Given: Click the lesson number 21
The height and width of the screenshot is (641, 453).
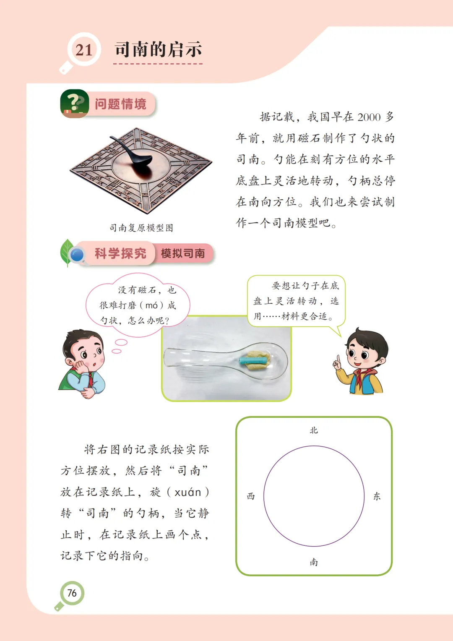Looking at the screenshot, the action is [84, 50].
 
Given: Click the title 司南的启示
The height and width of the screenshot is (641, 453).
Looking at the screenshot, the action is [158, 49].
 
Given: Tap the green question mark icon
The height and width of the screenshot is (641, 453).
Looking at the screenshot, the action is [74, 103].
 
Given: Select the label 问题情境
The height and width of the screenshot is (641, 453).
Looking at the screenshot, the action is [120, 104].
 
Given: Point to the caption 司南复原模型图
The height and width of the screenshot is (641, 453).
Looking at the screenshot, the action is [141, 228].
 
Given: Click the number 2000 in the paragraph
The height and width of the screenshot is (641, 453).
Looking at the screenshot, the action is [369, 117].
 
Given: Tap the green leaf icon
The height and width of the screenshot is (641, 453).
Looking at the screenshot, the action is [67, 253].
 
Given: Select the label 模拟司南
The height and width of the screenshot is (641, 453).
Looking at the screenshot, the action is [183, 253].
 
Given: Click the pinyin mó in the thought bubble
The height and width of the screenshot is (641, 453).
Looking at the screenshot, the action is [151, 305].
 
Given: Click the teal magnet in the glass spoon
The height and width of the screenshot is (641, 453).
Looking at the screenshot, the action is [253, 360].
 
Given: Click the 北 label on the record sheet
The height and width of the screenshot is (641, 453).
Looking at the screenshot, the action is [314, 430].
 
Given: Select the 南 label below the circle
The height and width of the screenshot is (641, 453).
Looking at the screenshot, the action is [314, 562].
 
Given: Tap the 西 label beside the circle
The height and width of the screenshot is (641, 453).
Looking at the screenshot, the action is [251, 496].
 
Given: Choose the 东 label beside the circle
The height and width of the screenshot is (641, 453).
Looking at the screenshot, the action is [377, 496].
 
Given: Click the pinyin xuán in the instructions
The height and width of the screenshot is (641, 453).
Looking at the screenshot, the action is [188, 492].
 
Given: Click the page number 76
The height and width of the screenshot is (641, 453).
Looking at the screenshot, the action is [72, 593].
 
